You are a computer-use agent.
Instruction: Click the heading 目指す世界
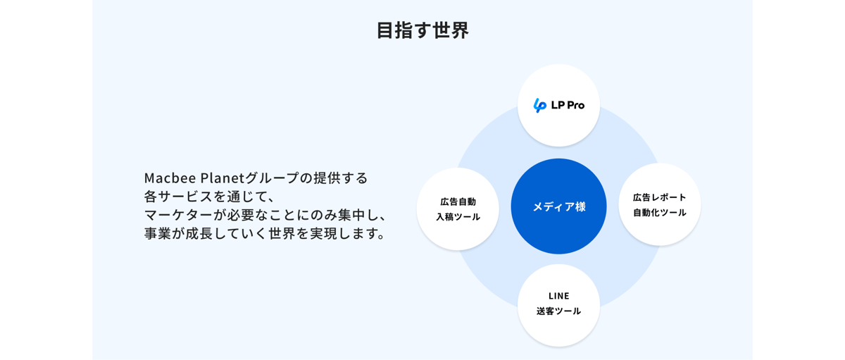[x=423, y=30]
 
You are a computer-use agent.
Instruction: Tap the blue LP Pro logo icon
[x=540, y=105]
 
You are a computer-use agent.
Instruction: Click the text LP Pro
[x=568, y=105]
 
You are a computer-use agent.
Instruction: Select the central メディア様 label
[x=558, y=206]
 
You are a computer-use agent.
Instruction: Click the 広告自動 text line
[x=458, y=202]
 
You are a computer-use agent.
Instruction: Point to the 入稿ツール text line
[x=458, y=217]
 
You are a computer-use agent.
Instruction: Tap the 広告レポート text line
[x=659, y=197]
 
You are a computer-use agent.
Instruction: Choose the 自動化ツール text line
[x=659, y=213]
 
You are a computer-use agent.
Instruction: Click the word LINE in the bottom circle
[x=558, y=296]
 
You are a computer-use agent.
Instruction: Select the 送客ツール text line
[x=558, y=311]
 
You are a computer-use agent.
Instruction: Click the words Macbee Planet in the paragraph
[x=194, y=178]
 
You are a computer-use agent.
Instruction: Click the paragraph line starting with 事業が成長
[x=265, y=234]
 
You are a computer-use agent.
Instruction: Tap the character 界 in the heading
[x=460, y=30]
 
